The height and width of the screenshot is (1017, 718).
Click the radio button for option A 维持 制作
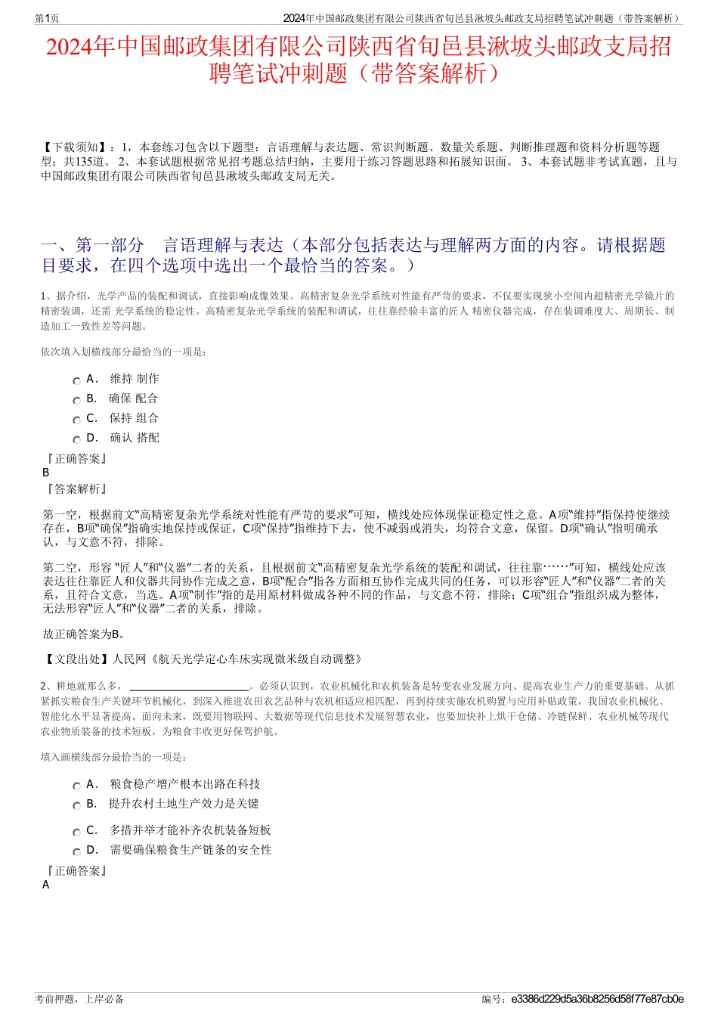tap(76, 380)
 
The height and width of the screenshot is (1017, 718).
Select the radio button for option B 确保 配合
tap(76, 400)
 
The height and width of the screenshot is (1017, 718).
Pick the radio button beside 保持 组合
tap(76, 420)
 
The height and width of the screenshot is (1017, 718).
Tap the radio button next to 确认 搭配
tap(76, 439)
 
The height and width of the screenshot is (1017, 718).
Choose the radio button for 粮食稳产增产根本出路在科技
tap(76, 786)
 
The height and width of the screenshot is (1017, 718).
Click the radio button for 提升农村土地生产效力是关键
tap(76, 805)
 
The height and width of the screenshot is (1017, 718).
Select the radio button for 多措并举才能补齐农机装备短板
tap(76, 832)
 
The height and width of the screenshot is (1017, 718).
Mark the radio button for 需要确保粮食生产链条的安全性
tap(76, 851)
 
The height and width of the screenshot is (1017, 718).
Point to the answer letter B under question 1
tap(46, 472)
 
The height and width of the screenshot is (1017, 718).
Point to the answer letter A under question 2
tap(46, 885)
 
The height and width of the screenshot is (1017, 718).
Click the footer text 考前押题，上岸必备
tap(79, 999)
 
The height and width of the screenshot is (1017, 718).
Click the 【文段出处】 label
tap(76, 659)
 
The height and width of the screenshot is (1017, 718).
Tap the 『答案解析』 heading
tap(76, 489)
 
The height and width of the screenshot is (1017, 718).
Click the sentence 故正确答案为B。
tap(85, 634)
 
